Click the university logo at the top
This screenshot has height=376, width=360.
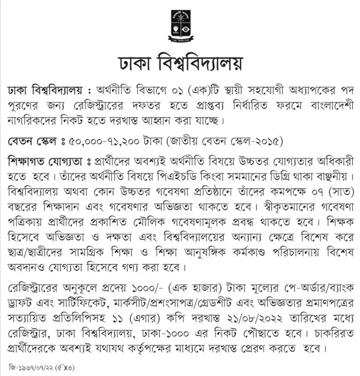point(180,27)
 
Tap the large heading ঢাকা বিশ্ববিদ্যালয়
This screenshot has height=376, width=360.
point(180,63)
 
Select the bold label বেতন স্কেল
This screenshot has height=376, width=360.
point(32,140)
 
